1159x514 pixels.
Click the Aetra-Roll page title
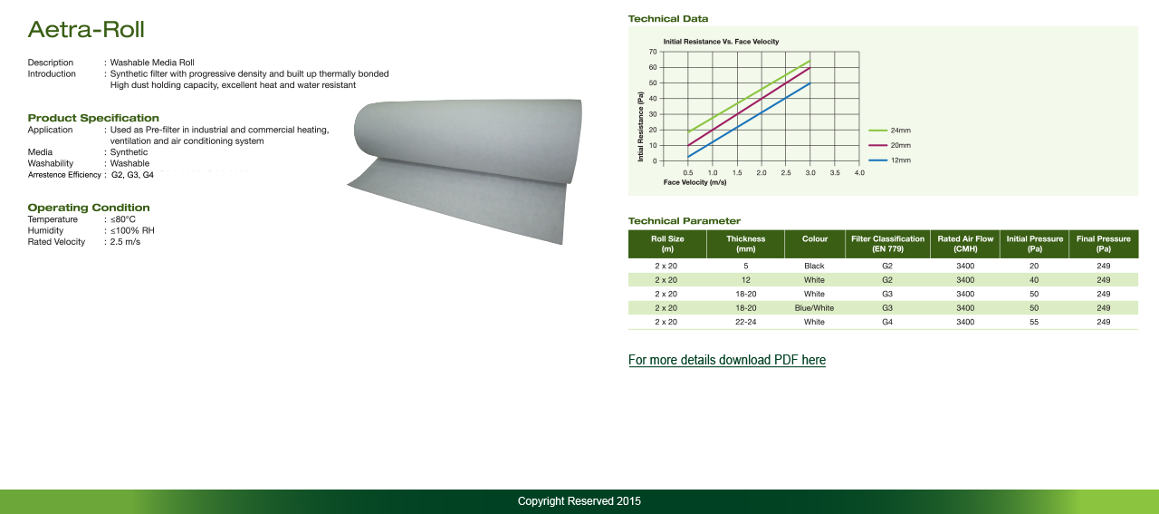86,30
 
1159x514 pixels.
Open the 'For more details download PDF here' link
727,360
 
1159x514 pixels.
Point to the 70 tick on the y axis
653,52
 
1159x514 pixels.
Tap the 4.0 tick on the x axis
859,173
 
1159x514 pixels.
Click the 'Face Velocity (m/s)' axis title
694,182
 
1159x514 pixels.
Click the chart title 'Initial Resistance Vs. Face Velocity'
721,42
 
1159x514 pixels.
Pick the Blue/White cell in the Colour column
814,308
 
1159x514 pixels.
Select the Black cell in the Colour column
814,266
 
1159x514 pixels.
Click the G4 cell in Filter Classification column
887,322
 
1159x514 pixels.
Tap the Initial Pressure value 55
1034,322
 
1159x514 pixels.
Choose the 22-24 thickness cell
745,322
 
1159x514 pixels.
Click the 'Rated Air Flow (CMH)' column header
965,244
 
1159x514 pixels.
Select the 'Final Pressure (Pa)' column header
1104,244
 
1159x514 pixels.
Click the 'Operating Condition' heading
89,208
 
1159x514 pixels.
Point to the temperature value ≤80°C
122,219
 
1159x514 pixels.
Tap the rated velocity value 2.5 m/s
125,242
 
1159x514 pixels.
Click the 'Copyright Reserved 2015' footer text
579,501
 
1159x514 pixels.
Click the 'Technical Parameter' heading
684,221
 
